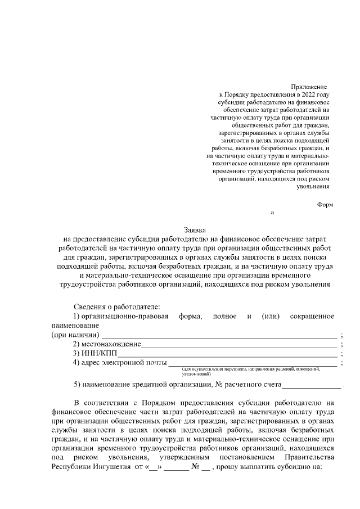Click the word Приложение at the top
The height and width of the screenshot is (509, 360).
309,87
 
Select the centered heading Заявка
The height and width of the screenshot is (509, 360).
195,230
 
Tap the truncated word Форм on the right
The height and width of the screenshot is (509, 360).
325,205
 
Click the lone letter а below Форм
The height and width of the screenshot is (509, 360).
273,213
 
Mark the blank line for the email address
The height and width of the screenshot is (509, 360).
253,364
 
